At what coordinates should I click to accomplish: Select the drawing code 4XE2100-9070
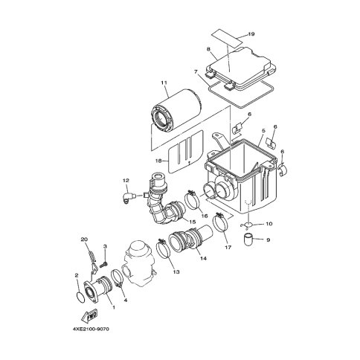pyautogui.click(x=91, y=330)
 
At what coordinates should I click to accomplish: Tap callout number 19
pyautogui.click(x=251, y=34)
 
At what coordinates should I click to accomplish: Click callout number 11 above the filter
pyautogui.click(x=164, y=83)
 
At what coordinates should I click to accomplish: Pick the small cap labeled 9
pyautogui.click(x=248, y=240)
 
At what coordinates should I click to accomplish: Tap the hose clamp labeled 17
pyautogui.click(x=220, y=222)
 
